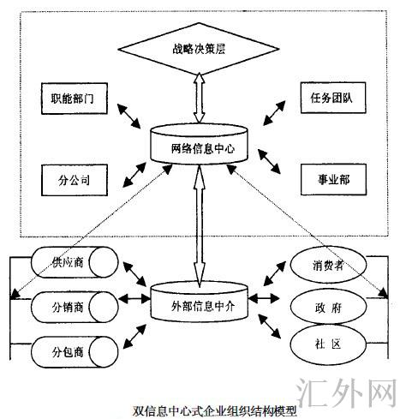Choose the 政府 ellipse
(322, 305)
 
